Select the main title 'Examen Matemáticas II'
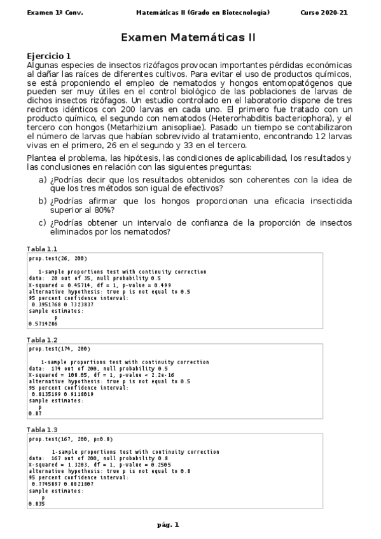pos(188,38)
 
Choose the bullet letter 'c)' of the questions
pos(43,222)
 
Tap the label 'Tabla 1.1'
pos(42,248)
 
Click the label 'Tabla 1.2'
pos(42,340)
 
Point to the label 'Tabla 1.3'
pos(42,430)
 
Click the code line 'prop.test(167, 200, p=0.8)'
pos(64,439)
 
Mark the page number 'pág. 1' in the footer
pos(169,524)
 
